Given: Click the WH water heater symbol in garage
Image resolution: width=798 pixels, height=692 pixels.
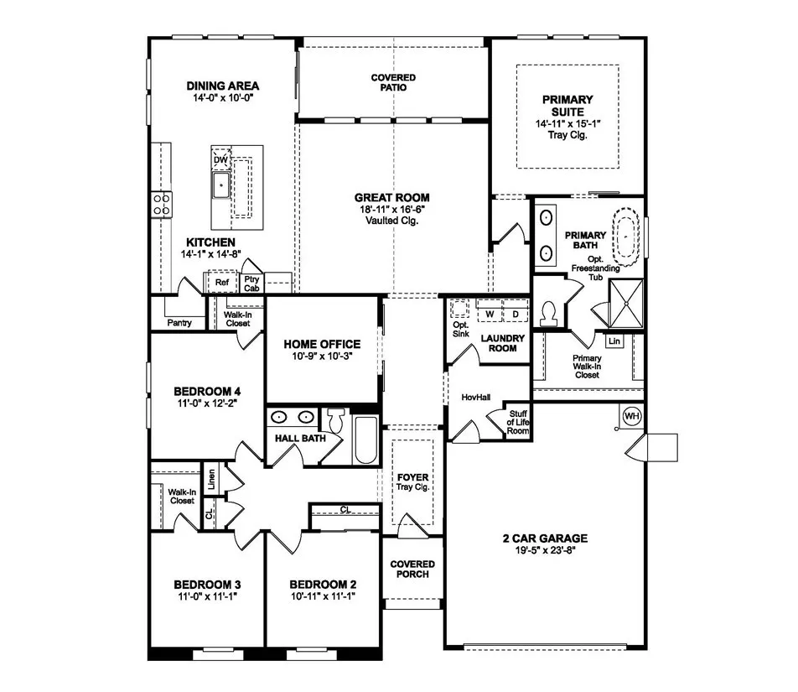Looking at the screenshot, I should click(x=633, y=416).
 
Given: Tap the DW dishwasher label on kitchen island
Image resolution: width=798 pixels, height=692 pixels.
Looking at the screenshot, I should click(x=220, y=159).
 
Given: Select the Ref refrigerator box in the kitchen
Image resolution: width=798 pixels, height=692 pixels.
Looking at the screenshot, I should click(x=222, y=283).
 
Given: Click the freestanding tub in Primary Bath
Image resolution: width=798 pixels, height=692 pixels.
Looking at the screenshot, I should click(x=630, y=234).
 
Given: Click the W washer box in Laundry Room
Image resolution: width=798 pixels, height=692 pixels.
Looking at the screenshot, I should click(x=489, y=314).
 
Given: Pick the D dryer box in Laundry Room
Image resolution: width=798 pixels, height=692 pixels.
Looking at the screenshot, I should click(x=516, y=314).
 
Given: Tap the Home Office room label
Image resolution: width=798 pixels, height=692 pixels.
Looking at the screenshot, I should click(x=322, y=344).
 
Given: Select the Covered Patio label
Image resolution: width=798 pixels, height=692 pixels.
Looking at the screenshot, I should click(x=393, y=82).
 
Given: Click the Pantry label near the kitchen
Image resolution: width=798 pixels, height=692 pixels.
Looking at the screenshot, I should click(x=179, y=322).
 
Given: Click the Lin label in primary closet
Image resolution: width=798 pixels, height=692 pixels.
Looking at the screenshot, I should click(x=615, y=341).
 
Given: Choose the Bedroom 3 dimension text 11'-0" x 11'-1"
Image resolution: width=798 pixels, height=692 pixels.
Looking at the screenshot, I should click(x=207, y=597).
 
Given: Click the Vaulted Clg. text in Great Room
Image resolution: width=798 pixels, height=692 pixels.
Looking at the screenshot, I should click(x=392, y=221).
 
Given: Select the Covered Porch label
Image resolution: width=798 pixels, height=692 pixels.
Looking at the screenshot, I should click(x=412, y=569).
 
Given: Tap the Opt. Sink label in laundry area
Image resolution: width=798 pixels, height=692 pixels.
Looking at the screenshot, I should click(x=459, y=329).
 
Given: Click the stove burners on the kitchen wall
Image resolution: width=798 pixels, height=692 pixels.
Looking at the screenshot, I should click(x=161, y=203).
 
